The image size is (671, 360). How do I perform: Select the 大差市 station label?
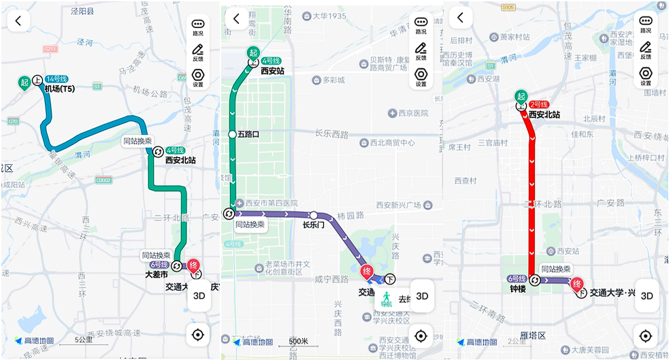tap(157, 276)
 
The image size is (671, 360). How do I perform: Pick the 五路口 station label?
tap(250, 135)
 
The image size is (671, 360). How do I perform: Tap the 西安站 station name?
tap(272, 70)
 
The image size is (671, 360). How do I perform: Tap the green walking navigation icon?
tap(386, 298)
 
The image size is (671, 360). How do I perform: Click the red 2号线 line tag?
tap(539, 104)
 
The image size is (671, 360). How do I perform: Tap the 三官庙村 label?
tap(493, 143)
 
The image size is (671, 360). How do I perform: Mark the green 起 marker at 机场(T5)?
tap(24, 83)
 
